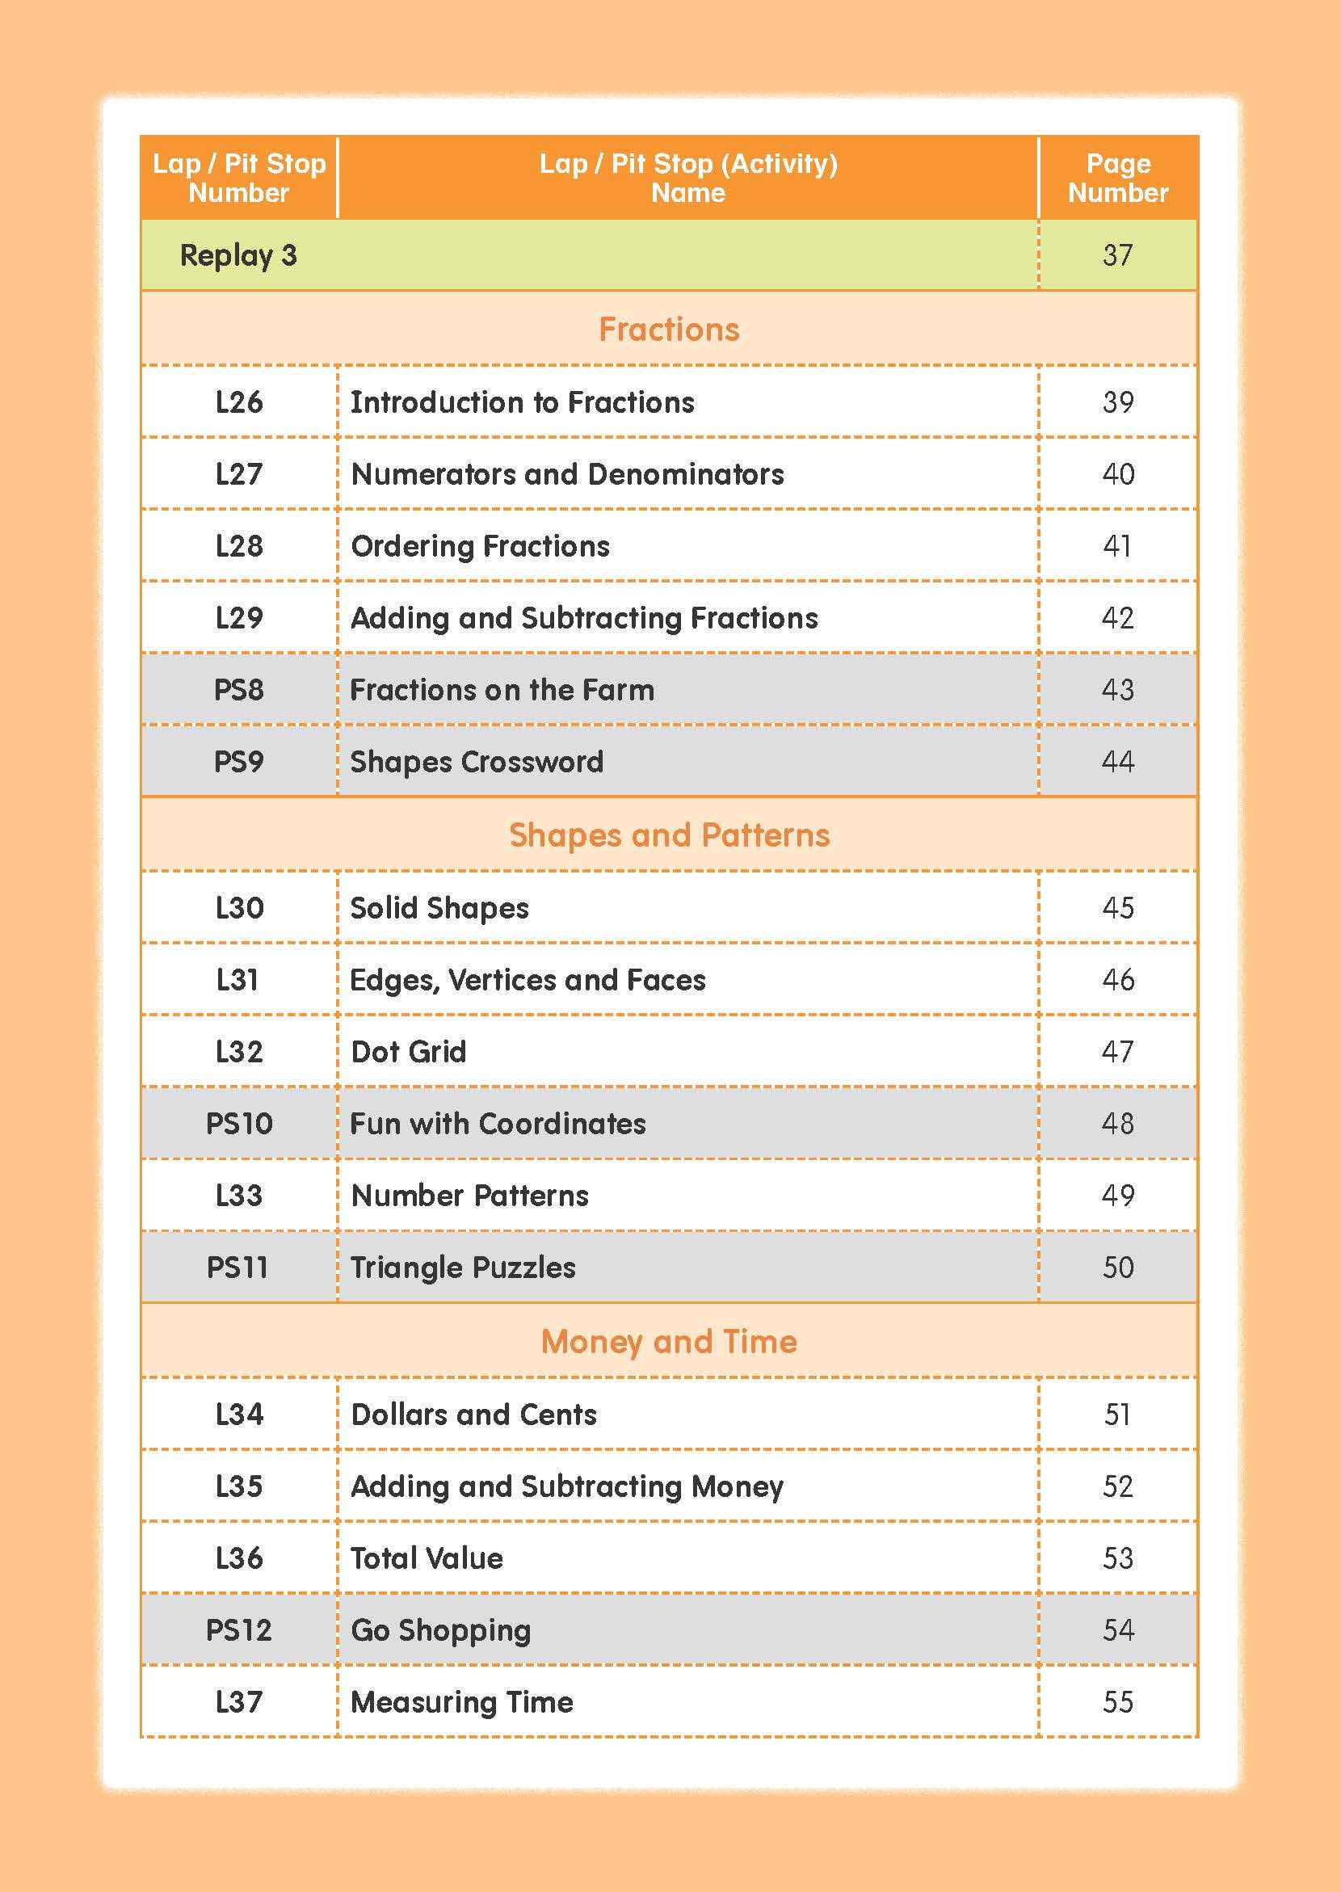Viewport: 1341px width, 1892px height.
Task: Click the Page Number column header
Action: click(x=1117, y=178)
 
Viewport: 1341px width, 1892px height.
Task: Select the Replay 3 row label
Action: click(x=238, y=255)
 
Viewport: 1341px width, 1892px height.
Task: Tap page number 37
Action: click(x=1117, y=255)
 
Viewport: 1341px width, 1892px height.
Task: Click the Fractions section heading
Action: click(x=669, y=330)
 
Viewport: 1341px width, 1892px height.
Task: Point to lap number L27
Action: click(x=238, y=474)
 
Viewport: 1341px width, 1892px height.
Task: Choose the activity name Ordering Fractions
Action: click(x=480, y=546)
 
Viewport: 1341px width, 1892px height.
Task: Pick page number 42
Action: click(x=1117, y=618)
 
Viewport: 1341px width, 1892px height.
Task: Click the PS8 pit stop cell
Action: click(x=238, y=690)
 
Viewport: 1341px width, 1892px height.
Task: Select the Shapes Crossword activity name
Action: click(x=477, y=762)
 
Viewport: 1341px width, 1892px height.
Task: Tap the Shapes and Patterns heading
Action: click(x=669, y=835)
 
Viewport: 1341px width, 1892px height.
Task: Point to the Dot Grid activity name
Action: click(x=408, y=1051)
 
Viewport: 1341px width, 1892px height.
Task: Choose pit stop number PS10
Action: click(x=238, y=1123)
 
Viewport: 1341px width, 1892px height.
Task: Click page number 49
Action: click(x=1117, y=1195)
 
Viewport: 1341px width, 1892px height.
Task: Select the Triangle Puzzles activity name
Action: click(x=462, y=1267)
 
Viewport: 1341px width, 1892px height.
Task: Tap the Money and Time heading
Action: click(x=669, y=1341)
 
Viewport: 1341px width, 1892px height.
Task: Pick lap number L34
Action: click(x=238, y=1414)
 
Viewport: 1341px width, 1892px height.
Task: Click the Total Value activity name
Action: click(x=427, y=1558)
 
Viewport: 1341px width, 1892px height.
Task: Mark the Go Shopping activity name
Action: click(x=440, y=1629)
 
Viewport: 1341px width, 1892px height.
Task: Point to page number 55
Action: click(x=1117, y=1701)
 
